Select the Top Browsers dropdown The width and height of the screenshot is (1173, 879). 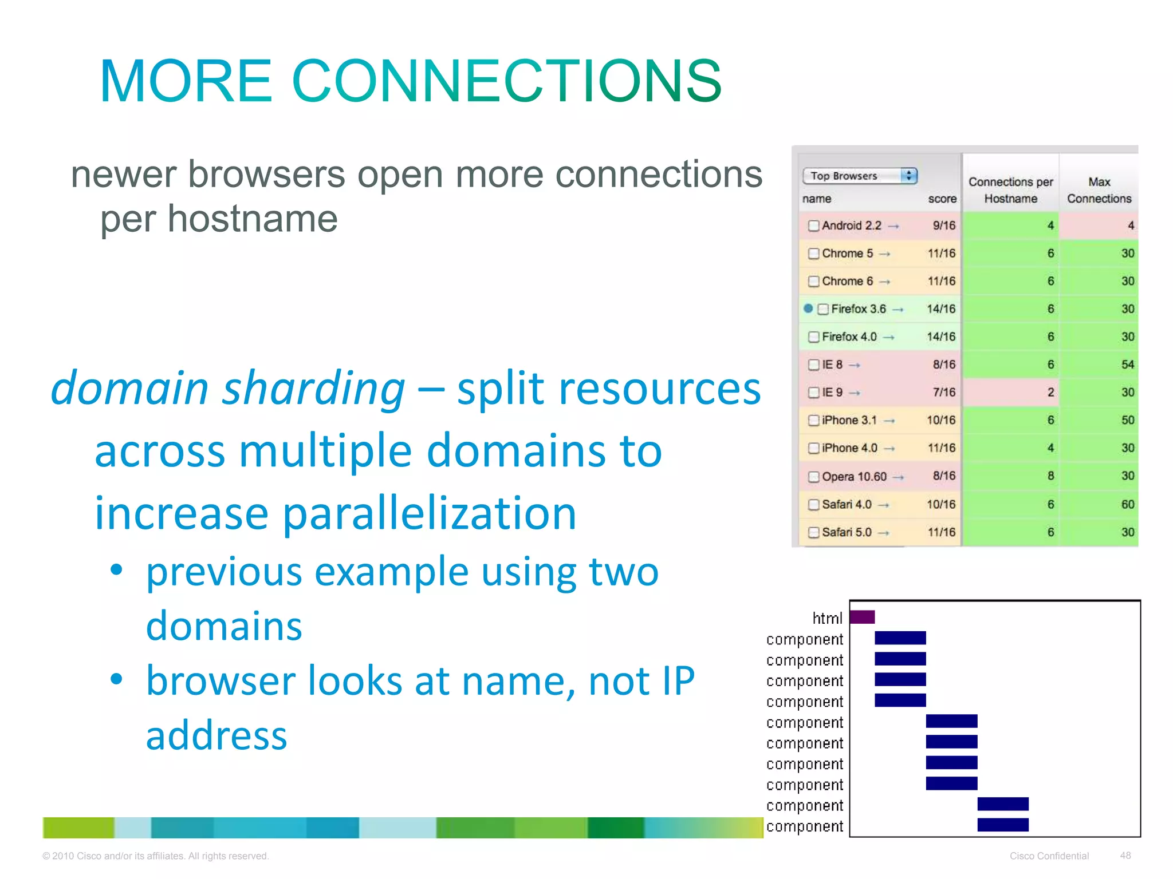[x=860, y=176]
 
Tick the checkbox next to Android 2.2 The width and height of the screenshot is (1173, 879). [x=813, y=225]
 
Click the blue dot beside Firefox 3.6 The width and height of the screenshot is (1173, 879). [x=808, y=308]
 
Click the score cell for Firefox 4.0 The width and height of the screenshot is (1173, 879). [x=941, y=336]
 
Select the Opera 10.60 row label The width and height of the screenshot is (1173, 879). [x=853, y=476]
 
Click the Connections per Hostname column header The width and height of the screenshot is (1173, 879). [x=1010, y=190]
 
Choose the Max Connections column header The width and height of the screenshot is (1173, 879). [x=1099, y=190]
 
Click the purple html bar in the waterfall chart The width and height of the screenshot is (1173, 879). [x=862, y=617]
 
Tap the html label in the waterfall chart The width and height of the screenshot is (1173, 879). [x=827, y=618]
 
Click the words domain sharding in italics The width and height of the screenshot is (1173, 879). [x=228, y=388]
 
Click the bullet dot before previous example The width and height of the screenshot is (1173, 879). [x=117, y=570]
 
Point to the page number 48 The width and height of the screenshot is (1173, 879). [x=1125, y=856]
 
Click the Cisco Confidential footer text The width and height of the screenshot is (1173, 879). [x=1049, y=856]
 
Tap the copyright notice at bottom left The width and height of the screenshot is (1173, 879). [x=155, y=856]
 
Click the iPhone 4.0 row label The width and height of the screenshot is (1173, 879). [x=849, y=448]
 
